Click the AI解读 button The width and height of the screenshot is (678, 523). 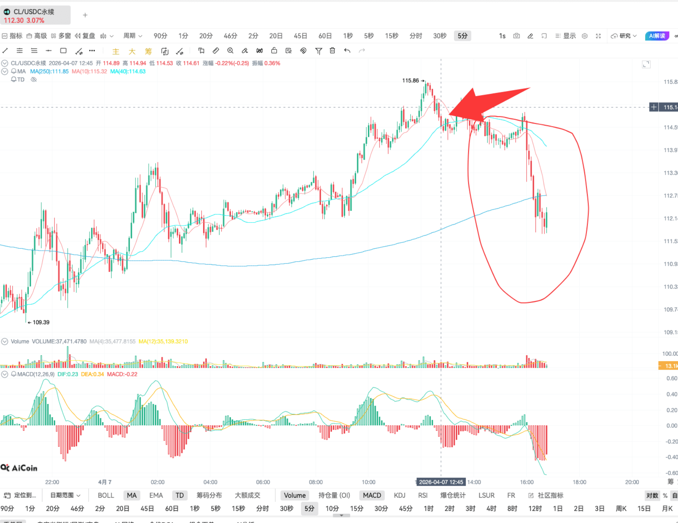pos(657,36)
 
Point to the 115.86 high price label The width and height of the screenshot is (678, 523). pos(411,81)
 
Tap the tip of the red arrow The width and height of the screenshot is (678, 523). pos(450,114)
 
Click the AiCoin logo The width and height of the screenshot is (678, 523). pos(19,468)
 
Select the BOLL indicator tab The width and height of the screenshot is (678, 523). pos(106,495)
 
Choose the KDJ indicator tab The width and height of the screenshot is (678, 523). pos(399,495)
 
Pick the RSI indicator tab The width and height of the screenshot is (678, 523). pos(423,495)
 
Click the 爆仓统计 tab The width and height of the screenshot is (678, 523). pos(453,495)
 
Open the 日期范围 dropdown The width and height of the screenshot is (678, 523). pos(65,495)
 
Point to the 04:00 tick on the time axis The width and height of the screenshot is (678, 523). pos(210,482)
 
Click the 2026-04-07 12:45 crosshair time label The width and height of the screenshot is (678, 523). pos(441,482)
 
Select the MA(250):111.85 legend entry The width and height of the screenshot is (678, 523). pos(49,71)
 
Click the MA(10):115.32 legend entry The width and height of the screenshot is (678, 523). pos(89,71)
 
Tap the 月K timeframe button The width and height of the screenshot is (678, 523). pos(667,509)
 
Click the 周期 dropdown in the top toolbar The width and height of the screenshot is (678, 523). pos(132,36)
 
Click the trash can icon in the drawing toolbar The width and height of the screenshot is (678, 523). pos(332,51)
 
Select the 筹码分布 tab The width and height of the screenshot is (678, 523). pos(209,495)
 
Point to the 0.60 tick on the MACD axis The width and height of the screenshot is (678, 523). pos(671,378)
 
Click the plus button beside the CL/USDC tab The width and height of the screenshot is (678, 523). pos(85,15)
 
